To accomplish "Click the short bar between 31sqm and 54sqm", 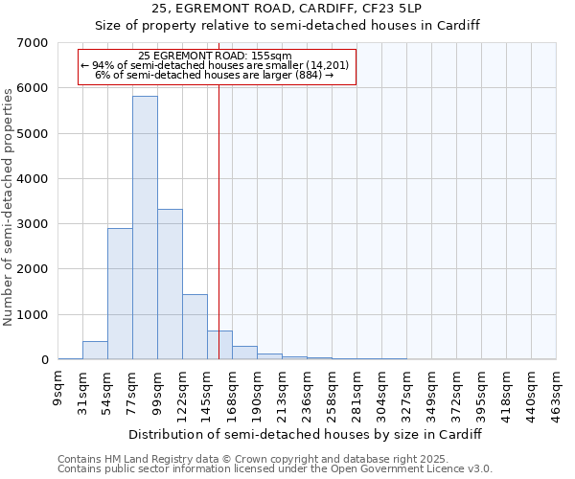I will pos(95,351).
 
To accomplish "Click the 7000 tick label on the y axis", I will pos(34,43).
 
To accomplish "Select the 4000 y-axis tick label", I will pos(34,179).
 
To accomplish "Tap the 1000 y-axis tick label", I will pos(34,315).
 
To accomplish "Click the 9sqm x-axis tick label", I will pos(57,387).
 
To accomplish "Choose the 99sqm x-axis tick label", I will pos(157,389).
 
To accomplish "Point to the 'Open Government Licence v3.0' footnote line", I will pos(275,469).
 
